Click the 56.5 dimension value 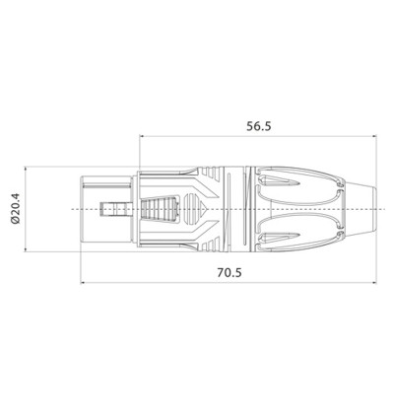tap(259, 126)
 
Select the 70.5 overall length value tap(230, 272)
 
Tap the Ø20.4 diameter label tap(16, 209)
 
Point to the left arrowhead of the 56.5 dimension tap(142, 136)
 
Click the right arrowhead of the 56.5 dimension tap(374, 136)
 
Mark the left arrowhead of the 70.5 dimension tap(83, 282)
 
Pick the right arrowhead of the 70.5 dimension tap(374, 282)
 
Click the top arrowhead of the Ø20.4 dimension tap(26, 170)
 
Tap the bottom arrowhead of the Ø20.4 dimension tap(26, 249)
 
